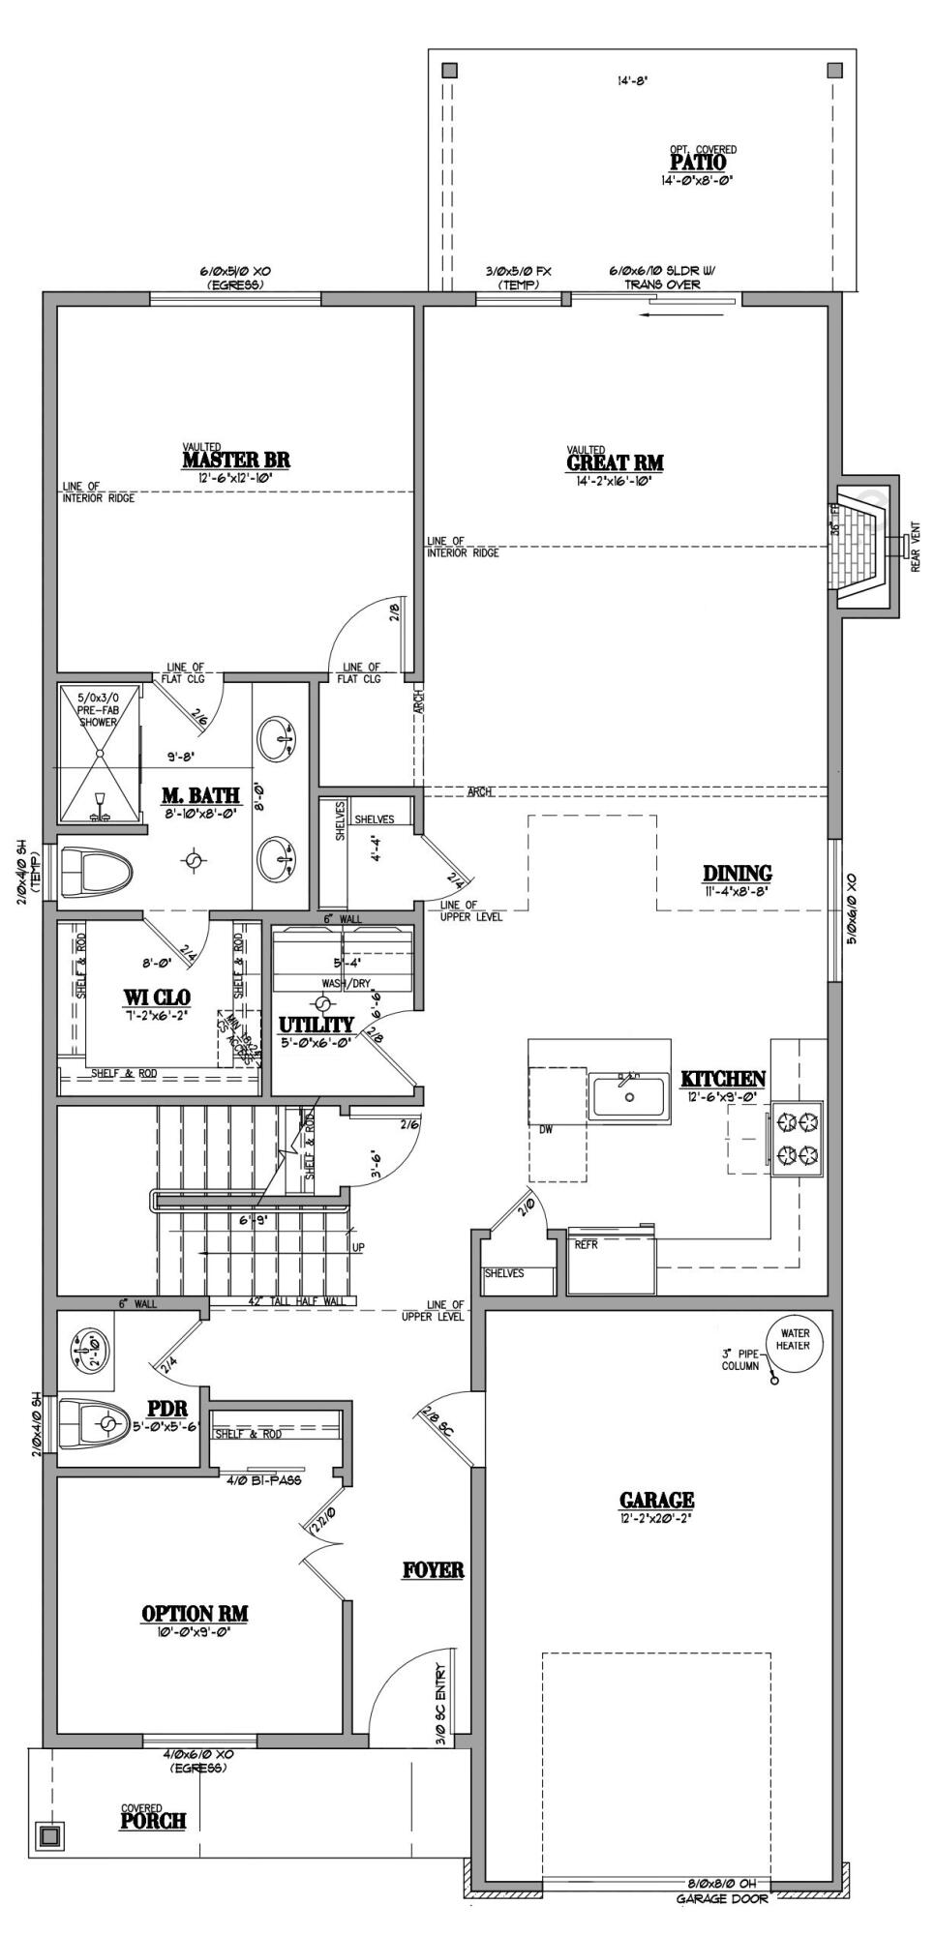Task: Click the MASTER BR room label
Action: click(236, 460)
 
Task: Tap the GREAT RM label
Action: click(615, 462)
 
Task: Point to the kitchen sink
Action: click(630, 1097)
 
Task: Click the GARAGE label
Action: click(656, 1501)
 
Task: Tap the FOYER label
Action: click(433, 1569)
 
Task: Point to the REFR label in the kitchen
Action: click(586, 1245)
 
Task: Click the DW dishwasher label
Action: click(546, 1129)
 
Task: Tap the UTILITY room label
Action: click(317, 1025)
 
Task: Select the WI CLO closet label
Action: click(156, 997)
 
